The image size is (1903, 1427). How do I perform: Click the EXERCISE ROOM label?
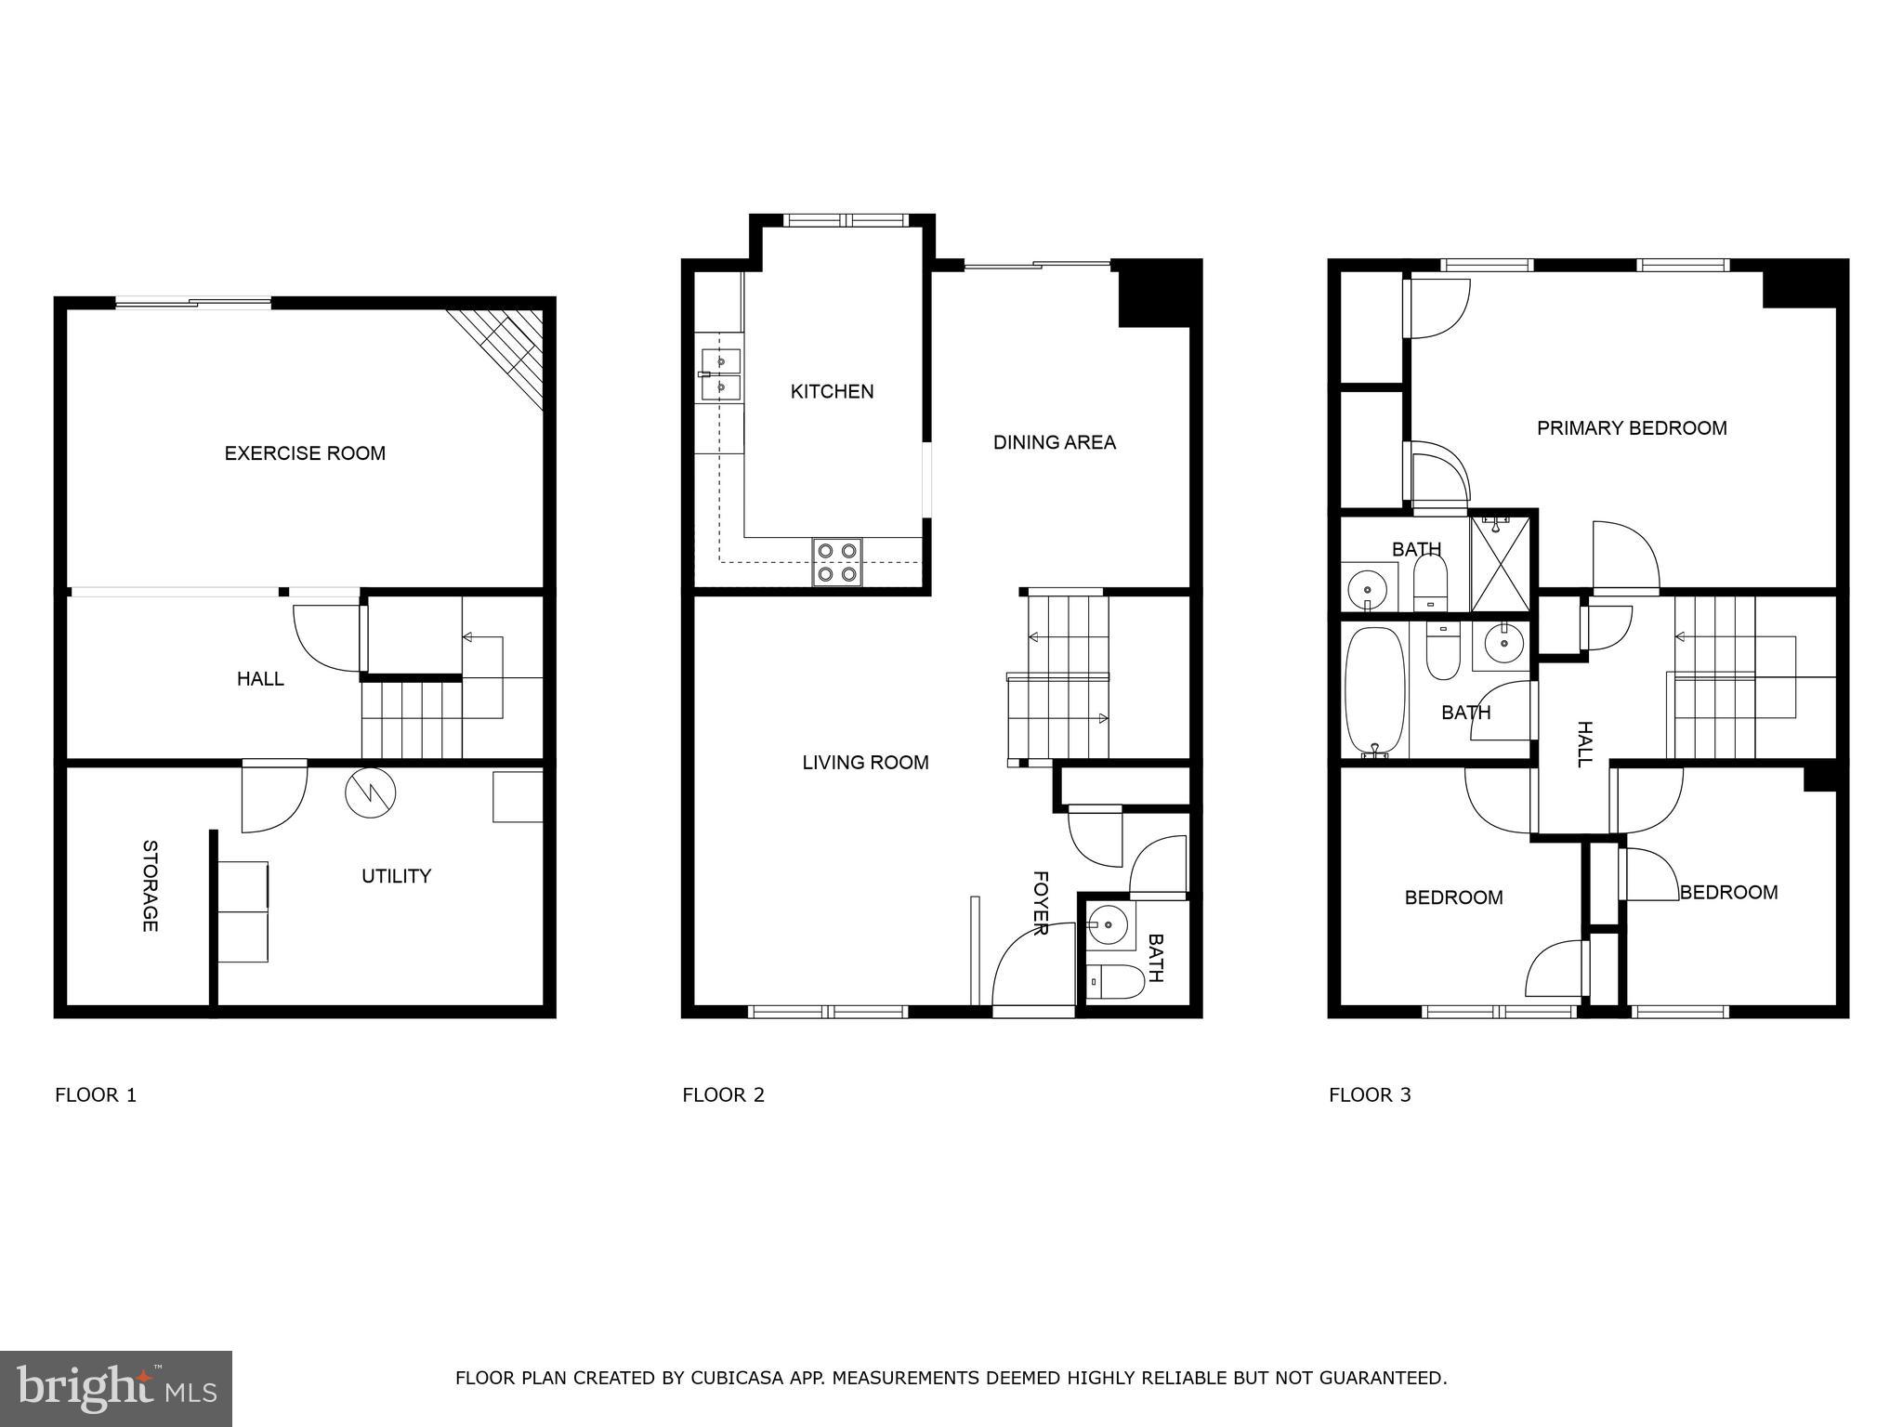305,453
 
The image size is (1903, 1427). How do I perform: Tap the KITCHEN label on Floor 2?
832,392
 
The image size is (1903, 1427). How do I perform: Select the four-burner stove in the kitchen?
836,562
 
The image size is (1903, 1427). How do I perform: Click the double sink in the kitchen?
721,373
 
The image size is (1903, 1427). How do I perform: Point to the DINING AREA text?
1054,442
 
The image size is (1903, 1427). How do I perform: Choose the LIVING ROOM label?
865,763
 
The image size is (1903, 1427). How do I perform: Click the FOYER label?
1041,902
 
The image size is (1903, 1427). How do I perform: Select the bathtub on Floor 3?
1375,692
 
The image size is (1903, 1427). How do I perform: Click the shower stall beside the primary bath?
1499,562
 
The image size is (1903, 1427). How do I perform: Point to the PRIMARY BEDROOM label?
1632,428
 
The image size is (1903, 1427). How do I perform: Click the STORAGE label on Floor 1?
150,885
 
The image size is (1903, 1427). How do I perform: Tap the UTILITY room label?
396,876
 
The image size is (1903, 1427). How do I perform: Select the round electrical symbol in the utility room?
370,792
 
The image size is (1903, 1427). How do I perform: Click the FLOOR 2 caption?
723,1094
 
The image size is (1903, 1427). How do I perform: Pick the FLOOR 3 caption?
1370,1094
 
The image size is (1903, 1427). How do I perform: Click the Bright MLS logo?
116,1388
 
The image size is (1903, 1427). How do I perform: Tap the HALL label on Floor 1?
260,679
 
